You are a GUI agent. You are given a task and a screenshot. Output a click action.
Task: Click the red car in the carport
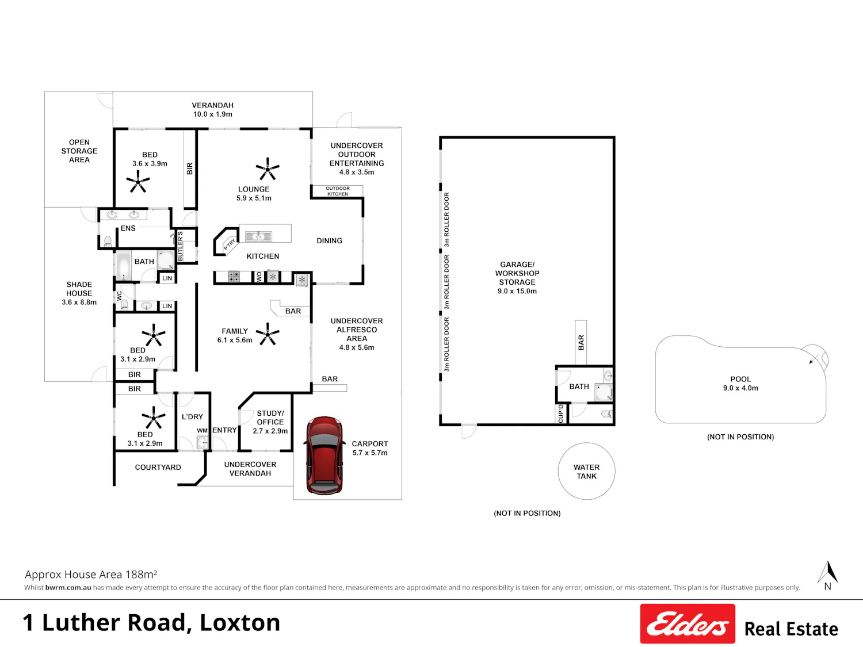324,455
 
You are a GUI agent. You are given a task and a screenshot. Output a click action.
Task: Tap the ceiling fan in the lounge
268,169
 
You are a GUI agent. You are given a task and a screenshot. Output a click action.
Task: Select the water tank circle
586,471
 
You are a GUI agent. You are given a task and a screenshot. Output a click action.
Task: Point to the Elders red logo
688,623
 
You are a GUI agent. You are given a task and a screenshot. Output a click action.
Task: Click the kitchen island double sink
258,236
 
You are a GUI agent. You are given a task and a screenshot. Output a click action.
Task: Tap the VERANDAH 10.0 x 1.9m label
212,110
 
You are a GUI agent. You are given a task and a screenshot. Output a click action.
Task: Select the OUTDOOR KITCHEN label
338,191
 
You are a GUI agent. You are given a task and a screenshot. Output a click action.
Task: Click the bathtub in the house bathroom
124,266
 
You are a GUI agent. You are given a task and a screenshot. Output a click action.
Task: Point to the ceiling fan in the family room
268,334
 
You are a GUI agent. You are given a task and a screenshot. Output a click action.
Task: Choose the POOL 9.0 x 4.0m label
740,384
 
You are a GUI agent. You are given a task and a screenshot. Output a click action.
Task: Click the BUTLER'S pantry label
181,246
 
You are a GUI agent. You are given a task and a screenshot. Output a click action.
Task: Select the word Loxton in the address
240,623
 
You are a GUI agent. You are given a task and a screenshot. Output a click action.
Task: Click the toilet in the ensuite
108,241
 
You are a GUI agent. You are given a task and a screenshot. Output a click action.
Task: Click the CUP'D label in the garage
560,414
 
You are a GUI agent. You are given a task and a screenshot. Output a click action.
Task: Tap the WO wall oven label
259,277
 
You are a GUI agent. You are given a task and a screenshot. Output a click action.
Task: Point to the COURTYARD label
158,468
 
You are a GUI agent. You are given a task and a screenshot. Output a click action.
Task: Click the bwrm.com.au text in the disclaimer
68,588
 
